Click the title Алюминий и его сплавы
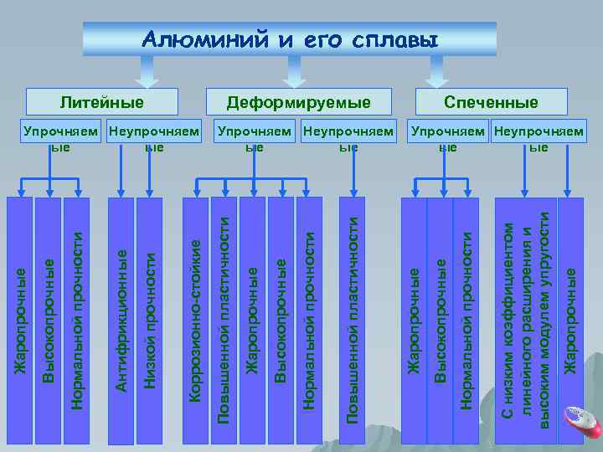[x=290, y=39]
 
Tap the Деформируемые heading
[x=299, y=102]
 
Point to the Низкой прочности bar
[x=150, y=318]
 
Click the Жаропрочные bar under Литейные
[x=19, y=318]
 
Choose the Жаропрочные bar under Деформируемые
[x=252, y=318]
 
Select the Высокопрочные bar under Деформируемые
[x=281, y=318]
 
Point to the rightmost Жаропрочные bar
[x=570, y=318]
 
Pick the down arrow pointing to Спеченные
[x=435, y=75]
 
